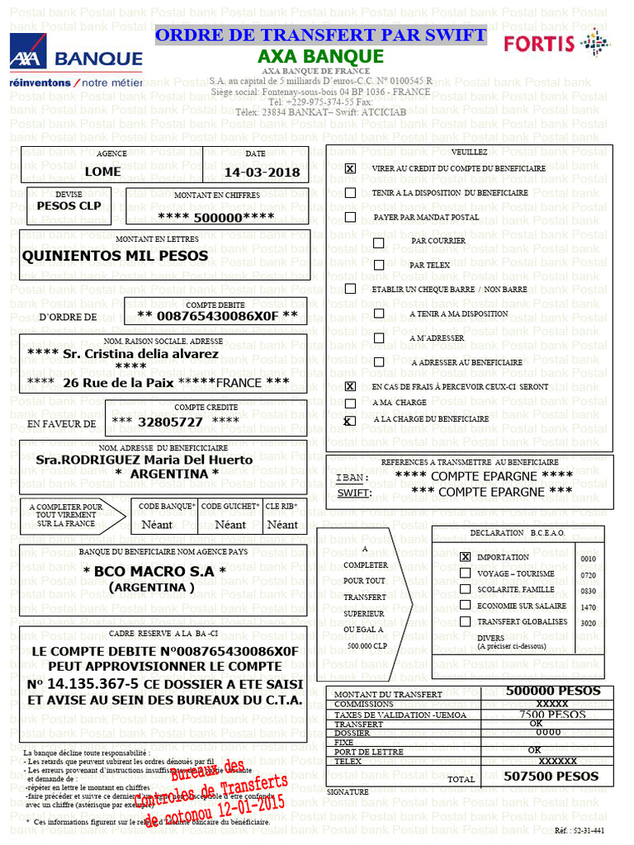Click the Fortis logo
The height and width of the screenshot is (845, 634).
tap(556, 43)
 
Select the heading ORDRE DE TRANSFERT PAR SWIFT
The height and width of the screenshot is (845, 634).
tap(320, 35)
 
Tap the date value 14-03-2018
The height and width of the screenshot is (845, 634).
tap(262, 172)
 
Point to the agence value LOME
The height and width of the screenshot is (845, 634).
tap(102, 172)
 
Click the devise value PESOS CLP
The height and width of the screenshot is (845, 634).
tap(69, 205)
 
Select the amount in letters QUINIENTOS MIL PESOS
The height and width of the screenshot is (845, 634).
tap(115, 256)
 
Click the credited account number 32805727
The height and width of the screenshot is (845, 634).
tap(170, 422)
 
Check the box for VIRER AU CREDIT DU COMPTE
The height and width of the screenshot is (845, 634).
tap(350, 168)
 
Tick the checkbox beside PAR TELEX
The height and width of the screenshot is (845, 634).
tap(379, 266)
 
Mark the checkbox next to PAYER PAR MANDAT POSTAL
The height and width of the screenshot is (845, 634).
tap(350, 217)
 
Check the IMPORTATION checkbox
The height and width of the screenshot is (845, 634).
tap(466, 558)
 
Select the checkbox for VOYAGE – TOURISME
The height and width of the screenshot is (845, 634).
tap(466, 574)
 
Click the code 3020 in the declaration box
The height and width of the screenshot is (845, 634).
tap(588, 623)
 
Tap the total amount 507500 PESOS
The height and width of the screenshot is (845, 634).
tap(551, 777)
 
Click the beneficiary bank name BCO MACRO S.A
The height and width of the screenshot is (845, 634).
tap(154, 572)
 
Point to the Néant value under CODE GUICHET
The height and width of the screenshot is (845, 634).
tap(230, 525)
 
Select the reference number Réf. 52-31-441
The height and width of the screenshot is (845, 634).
tap(580, 830)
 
